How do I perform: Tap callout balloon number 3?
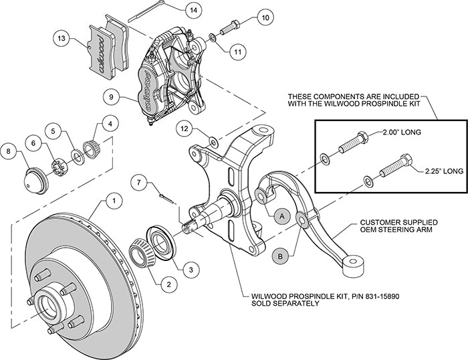[x=190, y=269]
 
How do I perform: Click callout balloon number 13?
[x=62, y=39]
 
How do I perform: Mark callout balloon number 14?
[x=193, y=10]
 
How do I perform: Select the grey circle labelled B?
[x=281, y=254]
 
